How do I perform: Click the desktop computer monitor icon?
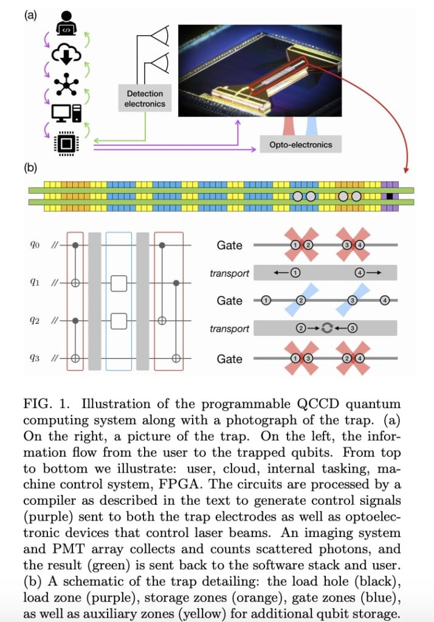pyautogui.click(x=64, y=114)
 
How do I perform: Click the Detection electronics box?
pyautogui.click(x=145, y=98)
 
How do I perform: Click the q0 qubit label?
pyautogui.click(x=35, y=245)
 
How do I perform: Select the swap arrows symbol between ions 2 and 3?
pyautogui.click(x=326, y=328)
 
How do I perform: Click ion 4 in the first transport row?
pyautogui.click(x=360, y=273)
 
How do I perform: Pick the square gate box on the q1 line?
pyautogui.click(x=119, y=283)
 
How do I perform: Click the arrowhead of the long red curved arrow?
pyautogui.click(x=406, y=169)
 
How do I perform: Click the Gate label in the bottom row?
pyautogui.click(x=229, y=359)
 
